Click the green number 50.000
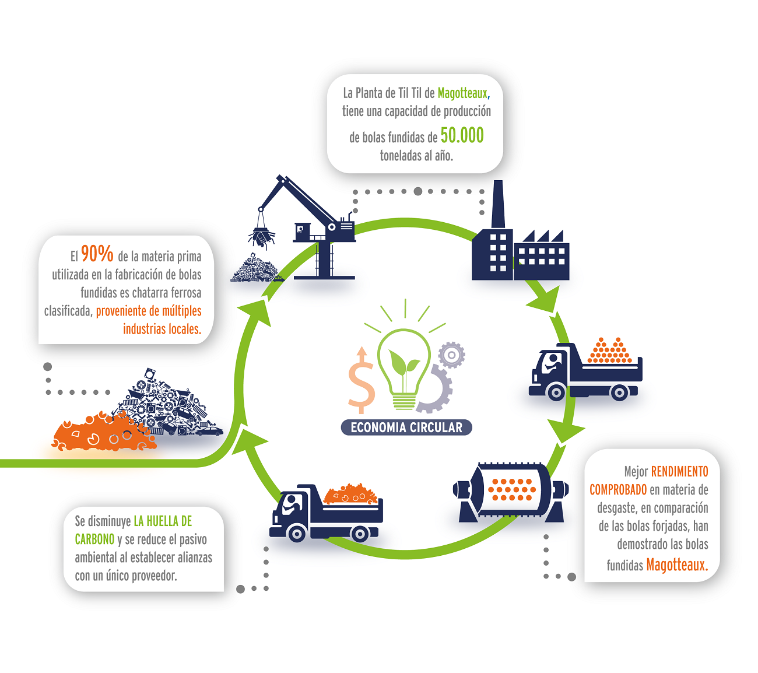coord(462,135)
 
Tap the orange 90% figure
coord(97,254)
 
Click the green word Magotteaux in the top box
coord(462,93)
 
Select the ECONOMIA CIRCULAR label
coord(406,427)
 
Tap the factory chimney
coord(497,204)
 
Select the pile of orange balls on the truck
coord(609,352)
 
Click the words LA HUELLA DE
coord(163,521)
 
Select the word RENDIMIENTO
coord(679,471)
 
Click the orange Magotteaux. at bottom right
coord(676,565)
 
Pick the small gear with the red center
coord(451,355)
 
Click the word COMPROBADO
coord(618,489)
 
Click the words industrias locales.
coord(162,329)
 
